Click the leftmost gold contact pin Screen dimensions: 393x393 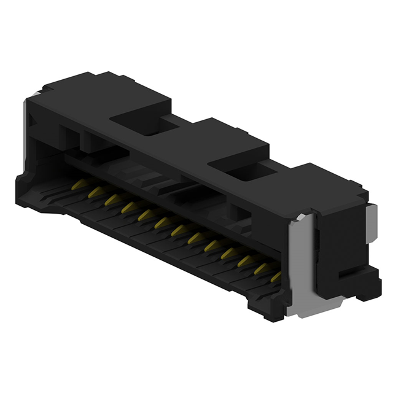(x=78, y=184)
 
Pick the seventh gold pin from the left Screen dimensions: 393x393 (x=178, y=230)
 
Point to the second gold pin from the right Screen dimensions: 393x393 (x=261, y=268)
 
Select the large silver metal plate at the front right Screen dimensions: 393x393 (x=301, y=264)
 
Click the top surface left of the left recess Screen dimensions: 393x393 (x=92, y=92)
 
